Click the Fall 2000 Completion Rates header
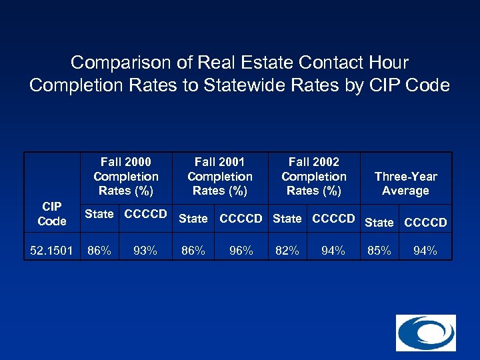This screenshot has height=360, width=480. pyautogui.click(x=126, y=176)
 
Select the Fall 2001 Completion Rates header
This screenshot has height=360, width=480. pyautogui.click(x=220, y=176)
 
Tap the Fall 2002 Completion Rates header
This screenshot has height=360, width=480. pyautogui.click(x=314, y=176)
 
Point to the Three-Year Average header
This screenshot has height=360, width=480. pyautogui.click(x=405, y=183)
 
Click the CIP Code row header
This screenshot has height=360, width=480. pyautogui.click(x=52, y=213)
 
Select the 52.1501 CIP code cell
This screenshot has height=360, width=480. pyautogui.click(x=52, y=251)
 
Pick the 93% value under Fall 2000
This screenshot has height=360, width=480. pyautogui.click(x=145, y=251)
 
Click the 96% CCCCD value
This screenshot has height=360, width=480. pyautogui.click(x=241, y=251)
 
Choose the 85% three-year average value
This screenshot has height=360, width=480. pyautogui.click(x=379, y=251)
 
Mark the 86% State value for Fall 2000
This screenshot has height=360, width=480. pyautogui.click(x=99, y=251)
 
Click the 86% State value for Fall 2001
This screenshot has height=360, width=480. pyautogui.click(x=193, y=251)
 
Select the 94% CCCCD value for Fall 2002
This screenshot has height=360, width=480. pyautogui.click(x=333, y=251)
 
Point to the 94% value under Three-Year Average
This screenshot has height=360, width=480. pyautogui.click(x=425, y=251)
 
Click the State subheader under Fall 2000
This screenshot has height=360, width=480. pyautogui.click(x=99, y=214)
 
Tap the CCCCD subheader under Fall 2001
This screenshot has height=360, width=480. pyautogui.click(x=241, y=218)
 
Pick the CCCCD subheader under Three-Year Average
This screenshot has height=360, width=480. pyautogui.click(x=425, y=222)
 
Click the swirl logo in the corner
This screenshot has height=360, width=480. pyautogui.click(x=425, y=333)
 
